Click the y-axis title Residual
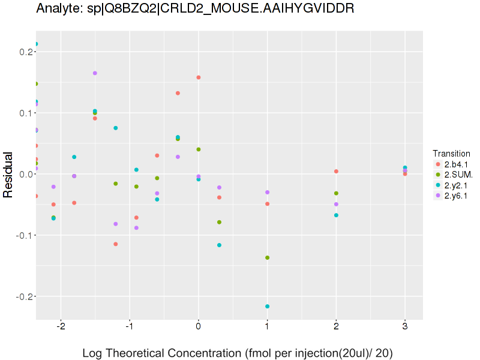click(9, 174)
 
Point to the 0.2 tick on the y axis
click(26, 52)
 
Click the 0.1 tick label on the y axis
click(26, 113)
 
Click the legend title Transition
click(451, 154)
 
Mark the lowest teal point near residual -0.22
click(267, 307)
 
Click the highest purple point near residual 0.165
click(95, 73)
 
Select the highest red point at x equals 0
click(198, 77)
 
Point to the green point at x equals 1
click(267, 258)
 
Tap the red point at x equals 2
click(336, 172)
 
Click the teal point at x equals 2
click(336, 215)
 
